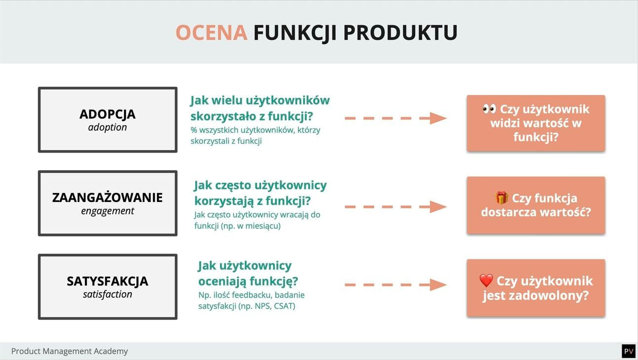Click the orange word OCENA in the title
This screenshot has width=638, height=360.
[211, 33]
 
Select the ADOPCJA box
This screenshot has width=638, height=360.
[108, 120]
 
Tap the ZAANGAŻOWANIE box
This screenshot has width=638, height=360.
[108, 203]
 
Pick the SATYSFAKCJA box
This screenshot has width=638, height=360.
[108, 286]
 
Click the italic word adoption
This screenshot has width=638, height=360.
[108, 127]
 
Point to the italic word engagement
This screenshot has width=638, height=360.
[108, 211]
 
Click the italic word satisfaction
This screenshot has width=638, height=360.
[108, 294]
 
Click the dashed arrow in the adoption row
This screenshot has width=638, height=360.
[395, 118]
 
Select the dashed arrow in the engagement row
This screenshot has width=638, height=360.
[395, 206]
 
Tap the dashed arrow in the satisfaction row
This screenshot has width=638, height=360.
[395, 284]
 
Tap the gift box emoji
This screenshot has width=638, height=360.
[501, 198]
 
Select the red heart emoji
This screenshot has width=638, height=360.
[486, 281]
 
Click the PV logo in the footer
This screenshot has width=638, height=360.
[628, 351]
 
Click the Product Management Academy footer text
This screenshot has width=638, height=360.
[70, 351]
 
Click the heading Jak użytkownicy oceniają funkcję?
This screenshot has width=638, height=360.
[248, 274]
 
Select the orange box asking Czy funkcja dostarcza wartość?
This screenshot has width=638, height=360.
[536, 205]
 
